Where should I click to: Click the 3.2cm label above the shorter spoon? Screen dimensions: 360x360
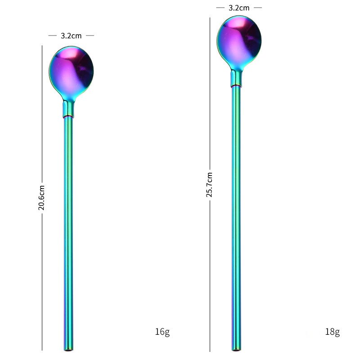[71, 36]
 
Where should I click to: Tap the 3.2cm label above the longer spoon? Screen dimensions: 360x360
[239, 8]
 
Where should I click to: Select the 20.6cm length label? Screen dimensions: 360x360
[41, 198]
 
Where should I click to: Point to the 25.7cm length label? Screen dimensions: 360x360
[209, 184]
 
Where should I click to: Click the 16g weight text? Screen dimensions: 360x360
[162, 332]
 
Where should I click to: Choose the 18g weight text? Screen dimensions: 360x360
[332, 332]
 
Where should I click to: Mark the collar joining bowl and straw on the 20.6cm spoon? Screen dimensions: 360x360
[68, 109]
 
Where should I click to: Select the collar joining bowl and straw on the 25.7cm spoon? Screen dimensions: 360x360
[236, 79]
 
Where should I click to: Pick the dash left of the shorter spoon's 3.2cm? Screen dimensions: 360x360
[52, 36]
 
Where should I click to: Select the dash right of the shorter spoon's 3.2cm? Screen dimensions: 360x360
[90, 36]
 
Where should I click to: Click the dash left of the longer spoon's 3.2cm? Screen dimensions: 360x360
[220, 8]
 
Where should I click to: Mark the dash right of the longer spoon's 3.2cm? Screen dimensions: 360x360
[257, 8]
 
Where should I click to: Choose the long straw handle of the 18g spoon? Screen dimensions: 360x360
[236, 216]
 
